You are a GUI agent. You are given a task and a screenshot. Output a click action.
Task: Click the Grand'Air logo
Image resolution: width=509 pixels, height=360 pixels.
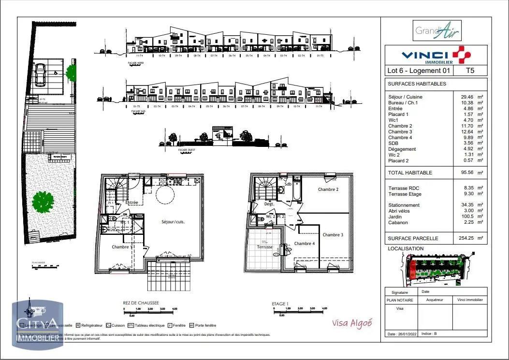[437, 31]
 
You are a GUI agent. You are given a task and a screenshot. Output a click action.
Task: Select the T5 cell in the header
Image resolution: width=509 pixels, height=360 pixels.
[469, 71]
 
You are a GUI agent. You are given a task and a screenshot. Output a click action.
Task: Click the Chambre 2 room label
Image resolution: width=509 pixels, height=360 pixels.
[328, 189]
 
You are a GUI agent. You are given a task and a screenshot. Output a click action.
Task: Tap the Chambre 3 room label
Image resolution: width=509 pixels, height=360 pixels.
[333, 235]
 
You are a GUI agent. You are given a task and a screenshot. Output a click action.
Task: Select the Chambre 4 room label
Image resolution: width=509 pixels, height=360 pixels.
[305, 244]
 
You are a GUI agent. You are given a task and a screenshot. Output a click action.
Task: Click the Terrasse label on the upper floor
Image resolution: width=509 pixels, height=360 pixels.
[264, 247]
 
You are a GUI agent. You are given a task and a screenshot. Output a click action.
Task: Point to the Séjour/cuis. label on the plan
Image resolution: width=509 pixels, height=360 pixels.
[173, 222]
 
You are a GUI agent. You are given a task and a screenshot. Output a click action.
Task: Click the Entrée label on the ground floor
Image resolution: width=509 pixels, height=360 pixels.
[132, 202]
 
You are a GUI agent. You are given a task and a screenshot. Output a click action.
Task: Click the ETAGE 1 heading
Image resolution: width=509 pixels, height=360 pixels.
[280, 304]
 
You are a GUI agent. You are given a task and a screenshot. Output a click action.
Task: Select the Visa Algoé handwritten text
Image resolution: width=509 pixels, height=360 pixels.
[352, 323]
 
